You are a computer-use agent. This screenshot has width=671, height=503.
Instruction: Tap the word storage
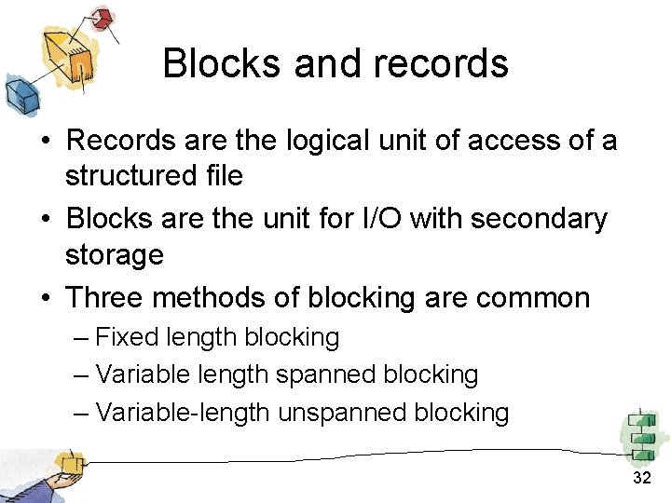(114, 254)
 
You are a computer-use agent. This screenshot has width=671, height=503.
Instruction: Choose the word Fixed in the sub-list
(128, 337)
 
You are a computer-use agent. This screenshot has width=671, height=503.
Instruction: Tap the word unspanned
(357, 412)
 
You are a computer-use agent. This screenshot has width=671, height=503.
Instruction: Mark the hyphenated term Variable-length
(184, 412)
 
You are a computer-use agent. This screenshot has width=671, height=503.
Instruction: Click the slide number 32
(641, 478)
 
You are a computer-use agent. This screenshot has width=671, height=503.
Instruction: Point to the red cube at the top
(102, 18)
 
